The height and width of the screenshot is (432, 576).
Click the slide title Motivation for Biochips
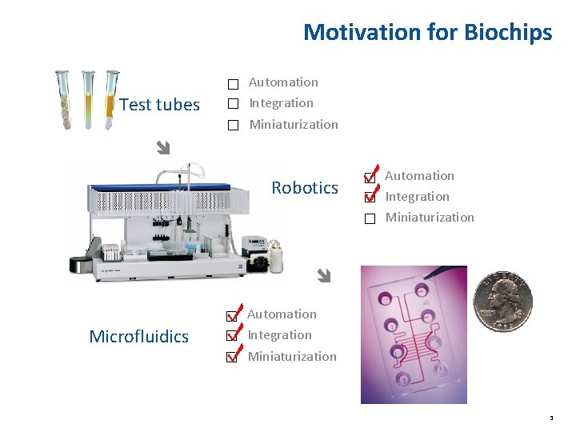coord(427,32)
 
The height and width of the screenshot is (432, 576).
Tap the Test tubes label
coord(159,105)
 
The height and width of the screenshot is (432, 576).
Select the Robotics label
coord(304,188)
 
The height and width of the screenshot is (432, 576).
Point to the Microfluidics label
coord(138,336)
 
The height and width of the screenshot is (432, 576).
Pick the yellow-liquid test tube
coord(88,100)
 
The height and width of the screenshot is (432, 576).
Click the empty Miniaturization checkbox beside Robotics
coord(369,218)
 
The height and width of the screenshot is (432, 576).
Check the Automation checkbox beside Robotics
coord(369,178)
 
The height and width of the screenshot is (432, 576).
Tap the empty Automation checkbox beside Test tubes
coord(232,84)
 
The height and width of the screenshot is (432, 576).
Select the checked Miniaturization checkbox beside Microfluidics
coord(231,357)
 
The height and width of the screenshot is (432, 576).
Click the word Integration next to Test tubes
coord(281,103)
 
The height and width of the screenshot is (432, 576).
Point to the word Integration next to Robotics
coord(417,197)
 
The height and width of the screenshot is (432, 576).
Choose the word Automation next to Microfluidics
coord(282,314)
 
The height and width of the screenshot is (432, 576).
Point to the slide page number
coord(551,418)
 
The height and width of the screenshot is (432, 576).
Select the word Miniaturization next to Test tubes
coord(294,125)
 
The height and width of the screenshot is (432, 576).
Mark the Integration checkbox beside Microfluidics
coord(231,336)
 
